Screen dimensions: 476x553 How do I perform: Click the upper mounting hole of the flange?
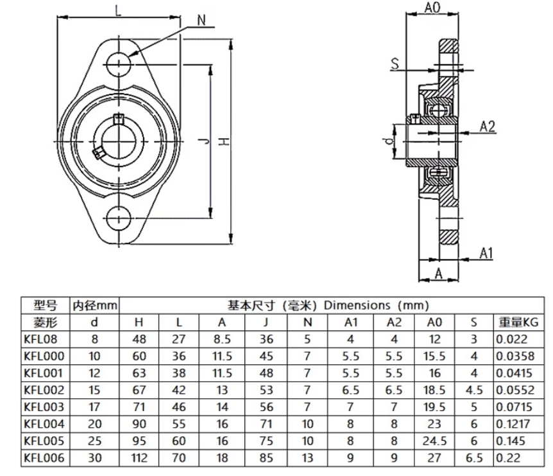coord(119,62)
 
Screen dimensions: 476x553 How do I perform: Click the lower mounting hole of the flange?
coord(119,218)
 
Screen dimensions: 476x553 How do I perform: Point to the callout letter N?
coord(201,20)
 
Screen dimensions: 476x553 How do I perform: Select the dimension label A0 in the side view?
coord(433,8)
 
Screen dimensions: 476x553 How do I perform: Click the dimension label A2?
coord(488,127)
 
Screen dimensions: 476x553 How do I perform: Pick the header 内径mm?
coord(94,304)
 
